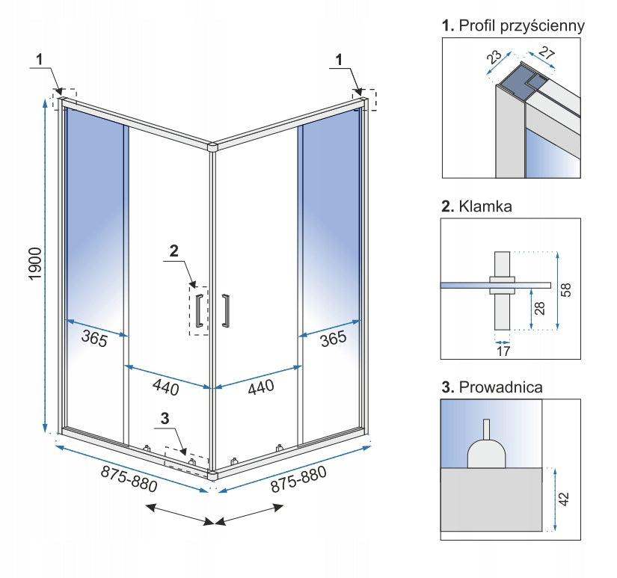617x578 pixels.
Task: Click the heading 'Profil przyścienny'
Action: [522, 26]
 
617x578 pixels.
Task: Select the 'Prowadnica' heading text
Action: [501, 387]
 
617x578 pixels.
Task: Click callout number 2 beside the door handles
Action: [174, 251]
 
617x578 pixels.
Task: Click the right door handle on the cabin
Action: [225, 310]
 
